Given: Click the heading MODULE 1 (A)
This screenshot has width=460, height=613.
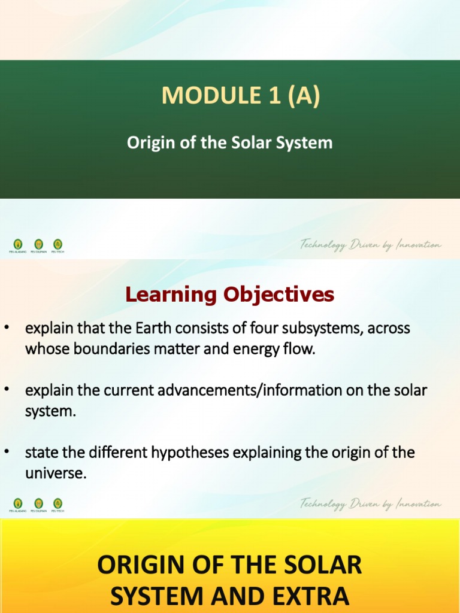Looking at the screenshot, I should pos(240,96).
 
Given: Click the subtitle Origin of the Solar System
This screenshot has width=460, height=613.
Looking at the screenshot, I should pos(229,143).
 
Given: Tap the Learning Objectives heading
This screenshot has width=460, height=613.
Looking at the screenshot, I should pos(229,294).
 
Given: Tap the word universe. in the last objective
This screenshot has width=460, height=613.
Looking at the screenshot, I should pos(56,474).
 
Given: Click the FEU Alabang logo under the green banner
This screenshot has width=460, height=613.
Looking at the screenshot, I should pos(18,244).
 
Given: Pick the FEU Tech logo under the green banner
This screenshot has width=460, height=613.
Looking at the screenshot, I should pos(57,244).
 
